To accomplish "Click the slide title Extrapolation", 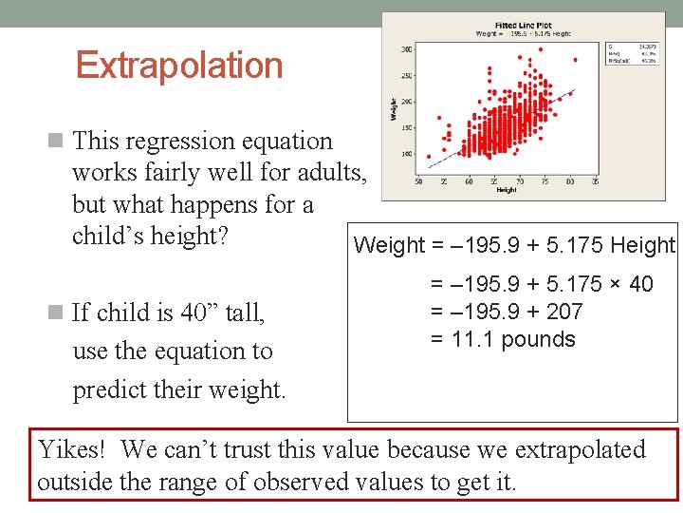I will [179, 66].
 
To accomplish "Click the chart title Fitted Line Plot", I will [525, 25].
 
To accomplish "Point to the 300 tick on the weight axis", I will [407, 48].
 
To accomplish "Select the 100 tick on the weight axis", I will [407, 154].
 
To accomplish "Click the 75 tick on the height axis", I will [545, 180].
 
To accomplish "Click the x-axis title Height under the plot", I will [506, 190].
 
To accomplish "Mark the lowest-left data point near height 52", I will [429, 157].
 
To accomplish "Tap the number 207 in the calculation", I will [564, 312].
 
